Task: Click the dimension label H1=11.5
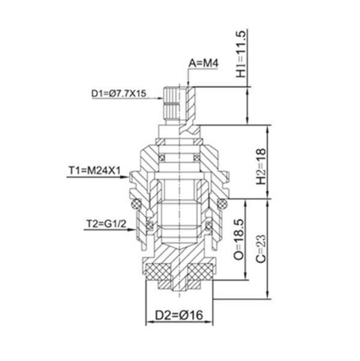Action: click(242, 54)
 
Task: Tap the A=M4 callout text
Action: click(203, 63)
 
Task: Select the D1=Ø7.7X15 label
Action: click(118, 94)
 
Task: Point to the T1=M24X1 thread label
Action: click(94, 171)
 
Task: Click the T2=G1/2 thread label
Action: click(106, 224)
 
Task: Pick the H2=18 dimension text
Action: click(261, 167)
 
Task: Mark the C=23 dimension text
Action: click(261, 248)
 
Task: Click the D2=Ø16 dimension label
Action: click(179, 315)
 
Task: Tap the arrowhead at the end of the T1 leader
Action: click(125, 177)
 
